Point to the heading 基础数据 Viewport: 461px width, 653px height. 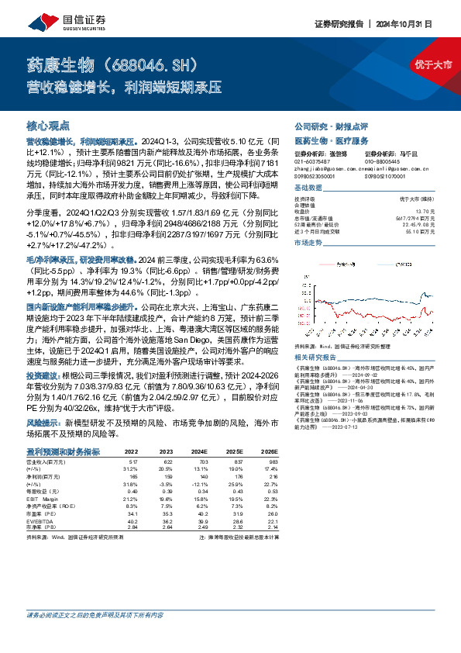point(308,188)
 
